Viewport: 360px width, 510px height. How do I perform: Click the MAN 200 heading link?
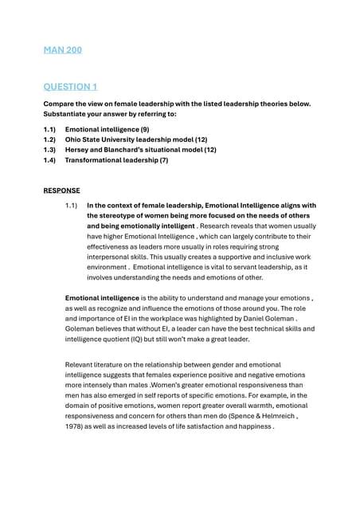pos(63,51)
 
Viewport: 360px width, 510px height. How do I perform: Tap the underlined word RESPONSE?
pos(62,190)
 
